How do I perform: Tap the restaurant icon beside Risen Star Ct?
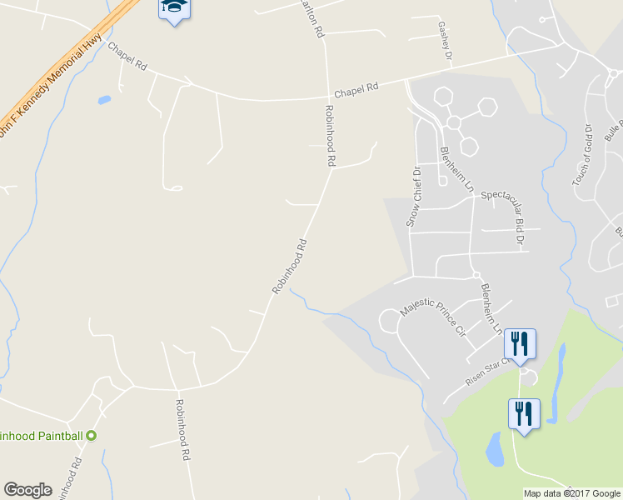[x=520, y=343]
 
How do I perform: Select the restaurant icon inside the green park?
[x=524, y=413]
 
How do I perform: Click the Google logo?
[x=27, y=490]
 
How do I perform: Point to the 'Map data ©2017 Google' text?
[x=571, y=493]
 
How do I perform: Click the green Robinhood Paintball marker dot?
[x=92, y=435]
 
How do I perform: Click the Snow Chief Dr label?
[x=413, y=197]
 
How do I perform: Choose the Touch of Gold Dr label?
[x=581, y=155]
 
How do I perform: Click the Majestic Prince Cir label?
[x=432, y=317]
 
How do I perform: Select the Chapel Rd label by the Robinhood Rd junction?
[x=356, y=89]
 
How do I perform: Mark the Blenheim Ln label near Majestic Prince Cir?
[x=491, y=308]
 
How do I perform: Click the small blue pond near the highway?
[x=104, y=100]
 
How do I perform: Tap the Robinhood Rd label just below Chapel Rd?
[x=330, y=134]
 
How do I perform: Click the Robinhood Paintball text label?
[x=42, y=435]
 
